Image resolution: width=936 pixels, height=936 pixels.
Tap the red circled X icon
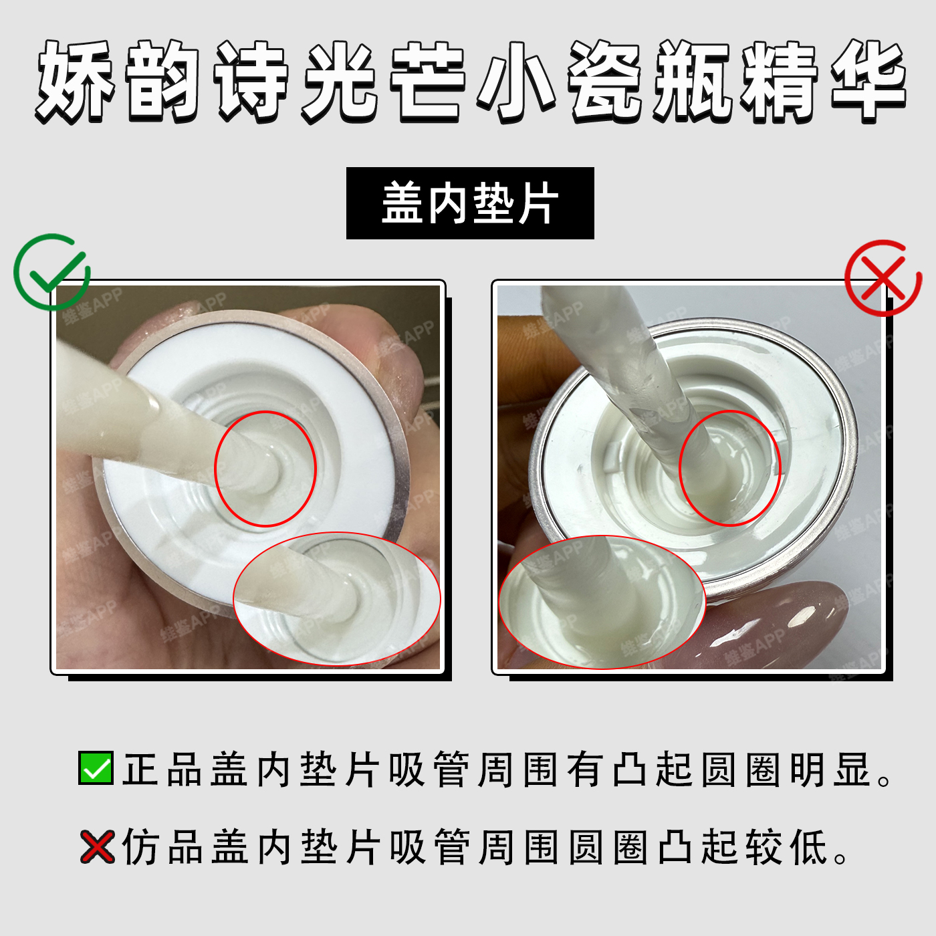[x=883, y=278]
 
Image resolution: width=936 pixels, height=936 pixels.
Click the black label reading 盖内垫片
[x=470, y=203]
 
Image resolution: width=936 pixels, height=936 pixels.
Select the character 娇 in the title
[x=76, y=81]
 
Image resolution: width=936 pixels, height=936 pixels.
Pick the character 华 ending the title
[x=868, y=81]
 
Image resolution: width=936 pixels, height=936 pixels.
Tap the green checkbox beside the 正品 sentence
[x=96, y=768]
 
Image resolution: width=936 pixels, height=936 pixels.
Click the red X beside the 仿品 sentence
[x=97, y=846]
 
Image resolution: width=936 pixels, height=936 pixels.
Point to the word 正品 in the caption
[x=162, y=770]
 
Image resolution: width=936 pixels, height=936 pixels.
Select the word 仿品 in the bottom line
[x=162, y=847]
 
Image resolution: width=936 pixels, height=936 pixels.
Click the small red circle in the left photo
[x=265, y=469]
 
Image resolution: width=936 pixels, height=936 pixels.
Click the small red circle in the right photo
[x=729, y=468]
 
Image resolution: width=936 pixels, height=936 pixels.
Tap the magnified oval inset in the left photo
[x=336, y=599]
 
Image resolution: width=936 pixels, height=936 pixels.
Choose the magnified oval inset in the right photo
[x=602, y=602]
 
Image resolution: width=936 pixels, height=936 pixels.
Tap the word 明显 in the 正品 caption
[x=830, y=770]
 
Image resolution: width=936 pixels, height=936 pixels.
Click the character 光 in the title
[x=340, y=81]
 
